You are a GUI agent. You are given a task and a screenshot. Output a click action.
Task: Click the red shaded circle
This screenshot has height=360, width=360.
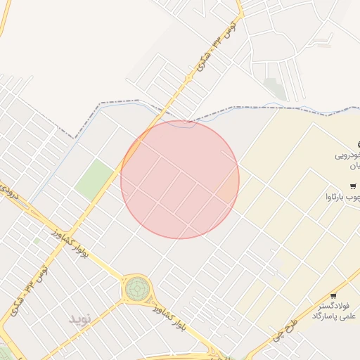[180, 180]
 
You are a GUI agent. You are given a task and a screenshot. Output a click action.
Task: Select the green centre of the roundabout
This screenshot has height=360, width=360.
[138, 288]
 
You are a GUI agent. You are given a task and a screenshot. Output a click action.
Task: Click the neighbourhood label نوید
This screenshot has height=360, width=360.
[80, 319]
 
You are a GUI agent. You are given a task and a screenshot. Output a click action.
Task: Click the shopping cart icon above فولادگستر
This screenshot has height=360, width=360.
[333, 295]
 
